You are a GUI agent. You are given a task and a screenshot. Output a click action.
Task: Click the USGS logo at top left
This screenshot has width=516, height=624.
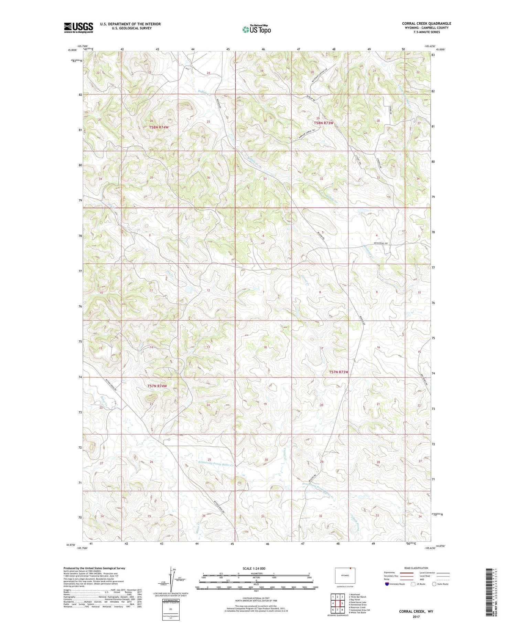pos(78,28)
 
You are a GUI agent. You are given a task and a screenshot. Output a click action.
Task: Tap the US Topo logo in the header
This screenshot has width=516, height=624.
pos(257,30)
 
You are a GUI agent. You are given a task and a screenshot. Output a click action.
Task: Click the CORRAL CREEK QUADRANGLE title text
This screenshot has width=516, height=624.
pos(427,23)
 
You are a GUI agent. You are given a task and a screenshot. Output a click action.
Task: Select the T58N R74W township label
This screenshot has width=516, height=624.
pos(159,127)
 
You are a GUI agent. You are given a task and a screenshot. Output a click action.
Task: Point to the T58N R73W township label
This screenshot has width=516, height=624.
pos(323,123)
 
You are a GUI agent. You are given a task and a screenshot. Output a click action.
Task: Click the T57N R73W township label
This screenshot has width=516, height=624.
pos(339,372)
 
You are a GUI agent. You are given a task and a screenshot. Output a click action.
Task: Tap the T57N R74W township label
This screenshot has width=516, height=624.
pos(157,386)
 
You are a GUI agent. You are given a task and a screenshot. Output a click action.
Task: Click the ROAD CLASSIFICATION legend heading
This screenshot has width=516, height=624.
pos(416,568)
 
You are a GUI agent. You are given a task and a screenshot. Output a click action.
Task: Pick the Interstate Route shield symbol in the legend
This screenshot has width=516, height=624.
pos(387,584)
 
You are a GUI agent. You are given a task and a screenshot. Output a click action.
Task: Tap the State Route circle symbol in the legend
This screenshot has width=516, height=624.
pos(434,584)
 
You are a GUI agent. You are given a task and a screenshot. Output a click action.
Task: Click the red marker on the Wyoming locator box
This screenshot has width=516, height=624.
pos(350,569)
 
